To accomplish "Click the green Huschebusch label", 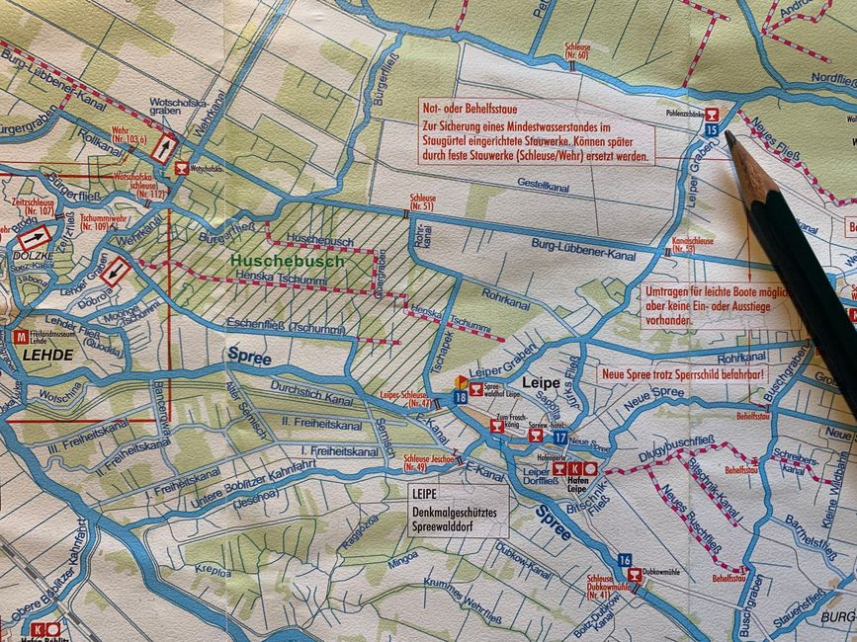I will (287, 262).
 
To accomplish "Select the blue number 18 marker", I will (460, 396).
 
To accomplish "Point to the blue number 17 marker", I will (559, 438).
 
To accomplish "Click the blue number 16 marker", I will (624, 560).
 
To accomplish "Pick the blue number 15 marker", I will (712, 128).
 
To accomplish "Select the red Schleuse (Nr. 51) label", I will (421, 202).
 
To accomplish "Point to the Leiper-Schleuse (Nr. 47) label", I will (405, 398).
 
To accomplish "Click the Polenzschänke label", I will (700, 114).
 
